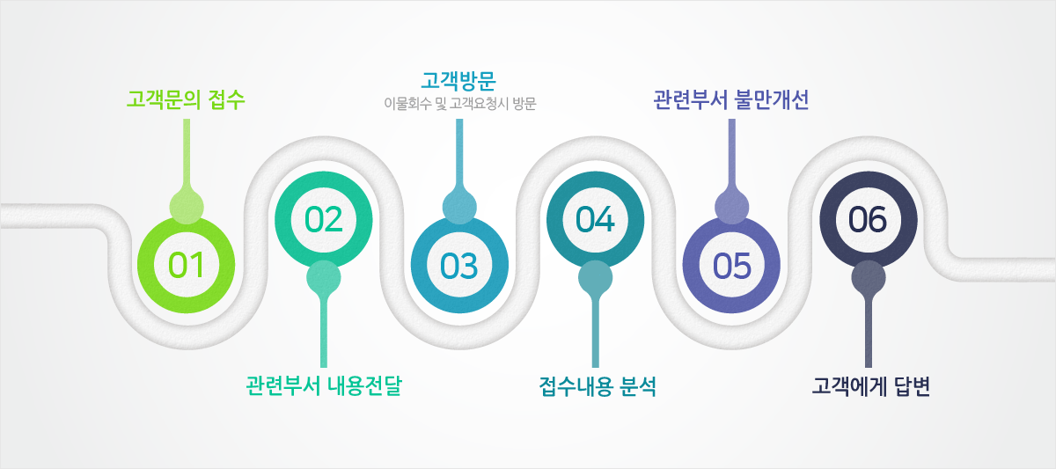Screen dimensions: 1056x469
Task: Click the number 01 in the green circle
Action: point(187,265)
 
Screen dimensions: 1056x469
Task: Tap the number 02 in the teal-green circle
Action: point(324,220)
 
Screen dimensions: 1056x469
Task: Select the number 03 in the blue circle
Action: point(459,266)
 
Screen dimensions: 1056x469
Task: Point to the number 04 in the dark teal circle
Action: point(595,220)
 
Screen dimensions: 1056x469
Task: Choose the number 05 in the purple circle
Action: point(731,266)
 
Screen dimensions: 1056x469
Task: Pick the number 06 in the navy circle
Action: point(868,220)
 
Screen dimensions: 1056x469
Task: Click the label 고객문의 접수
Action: point(186,99)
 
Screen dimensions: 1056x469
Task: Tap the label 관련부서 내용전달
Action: point(324,385)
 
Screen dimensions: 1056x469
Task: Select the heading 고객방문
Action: point(458,81)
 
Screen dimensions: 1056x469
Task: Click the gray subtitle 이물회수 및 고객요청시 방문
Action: point(460,103)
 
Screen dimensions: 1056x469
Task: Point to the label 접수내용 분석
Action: point(598,386)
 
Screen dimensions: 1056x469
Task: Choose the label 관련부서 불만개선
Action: point(731,99)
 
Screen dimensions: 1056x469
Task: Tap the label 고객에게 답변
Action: point(870,386)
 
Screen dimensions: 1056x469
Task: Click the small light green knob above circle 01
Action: point(187,207)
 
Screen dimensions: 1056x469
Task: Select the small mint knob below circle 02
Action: point(324,278)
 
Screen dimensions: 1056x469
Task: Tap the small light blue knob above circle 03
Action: point(459,207)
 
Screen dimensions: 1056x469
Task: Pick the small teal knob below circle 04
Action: point(596,278)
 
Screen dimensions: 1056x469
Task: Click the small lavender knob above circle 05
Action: point(731,207)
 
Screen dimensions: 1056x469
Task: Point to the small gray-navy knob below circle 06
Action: point(869,278)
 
